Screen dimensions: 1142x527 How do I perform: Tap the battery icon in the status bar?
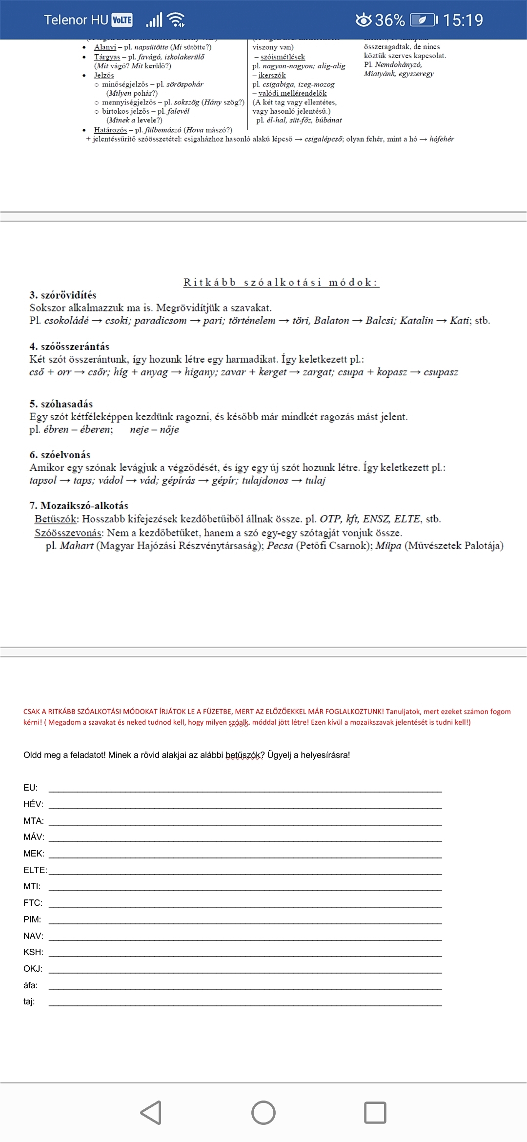coord(423,20)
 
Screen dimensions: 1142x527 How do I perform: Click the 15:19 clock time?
coord(463,20)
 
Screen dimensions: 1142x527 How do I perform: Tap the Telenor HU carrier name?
coord(76,20)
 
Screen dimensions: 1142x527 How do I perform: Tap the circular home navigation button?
coord(263,1113)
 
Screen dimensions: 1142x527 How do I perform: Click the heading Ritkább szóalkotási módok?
coord(281,282)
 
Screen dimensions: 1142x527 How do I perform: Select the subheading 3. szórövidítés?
coord(63,295)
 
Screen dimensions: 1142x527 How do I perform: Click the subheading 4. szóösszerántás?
coord(69,347)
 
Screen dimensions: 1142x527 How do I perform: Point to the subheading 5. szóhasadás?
coord(61,404)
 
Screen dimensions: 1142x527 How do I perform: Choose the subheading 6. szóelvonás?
coord(60,455)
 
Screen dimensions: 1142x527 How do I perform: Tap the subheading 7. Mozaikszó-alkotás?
coord(79,506)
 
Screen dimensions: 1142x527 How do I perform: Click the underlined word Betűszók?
coord(56,519)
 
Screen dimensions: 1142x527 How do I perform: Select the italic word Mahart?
coord(77,546)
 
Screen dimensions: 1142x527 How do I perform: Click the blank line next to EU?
coord(245,788)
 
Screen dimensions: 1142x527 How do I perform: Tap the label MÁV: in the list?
coord(34,837)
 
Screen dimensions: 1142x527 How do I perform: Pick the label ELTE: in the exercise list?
coord(35,870)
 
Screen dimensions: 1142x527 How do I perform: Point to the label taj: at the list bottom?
coord(29,1001)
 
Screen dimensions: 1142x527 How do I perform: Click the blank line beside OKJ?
coord(245,969)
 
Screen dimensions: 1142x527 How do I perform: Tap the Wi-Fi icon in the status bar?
coord(176,20)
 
